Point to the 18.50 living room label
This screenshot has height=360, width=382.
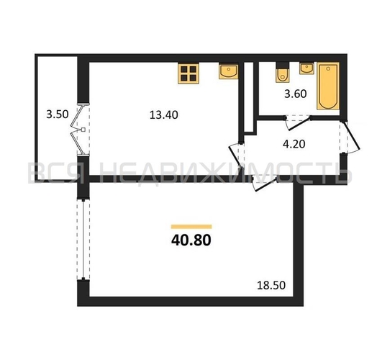coord(273,286)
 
